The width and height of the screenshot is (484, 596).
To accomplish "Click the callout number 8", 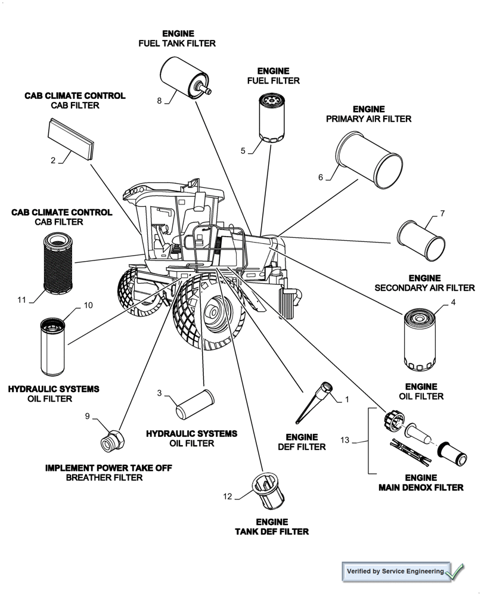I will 160,101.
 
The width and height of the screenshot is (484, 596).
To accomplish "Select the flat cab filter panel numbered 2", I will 71,138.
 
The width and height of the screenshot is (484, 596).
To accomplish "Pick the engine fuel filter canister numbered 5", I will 273,118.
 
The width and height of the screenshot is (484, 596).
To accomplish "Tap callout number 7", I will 442,213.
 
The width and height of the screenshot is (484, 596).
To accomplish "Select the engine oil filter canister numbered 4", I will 422,338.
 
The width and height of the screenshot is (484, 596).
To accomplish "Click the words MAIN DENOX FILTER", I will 421,487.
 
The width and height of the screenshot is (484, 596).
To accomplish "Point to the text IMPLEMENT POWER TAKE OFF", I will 108,468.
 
